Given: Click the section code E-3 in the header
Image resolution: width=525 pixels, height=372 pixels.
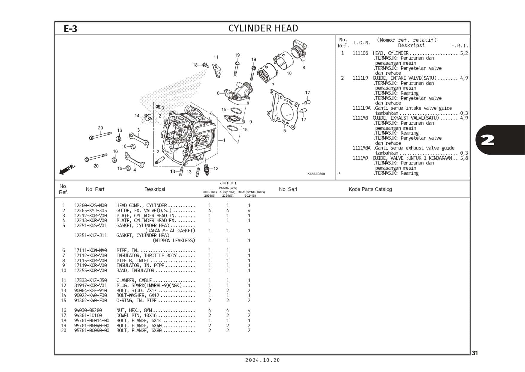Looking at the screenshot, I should (71, 29).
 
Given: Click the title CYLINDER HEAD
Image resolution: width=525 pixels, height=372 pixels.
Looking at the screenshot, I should (263, 28).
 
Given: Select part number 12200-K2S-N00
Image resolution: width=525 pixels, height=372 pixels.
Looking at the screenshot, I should (90, 206).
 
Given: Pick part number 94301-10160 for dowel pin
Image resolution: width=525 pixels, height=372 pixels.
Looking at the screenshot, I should (88, 315).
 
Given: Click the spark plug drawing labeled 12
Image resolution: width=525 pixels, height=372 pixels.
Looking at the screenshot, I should (206, 169).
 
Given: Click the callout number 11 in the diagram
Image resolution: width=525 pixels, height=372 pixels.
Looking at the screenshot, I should (216, 57).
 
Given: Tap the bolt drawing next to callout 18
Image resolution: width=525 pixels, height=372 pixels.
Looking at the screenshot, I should (205, 65).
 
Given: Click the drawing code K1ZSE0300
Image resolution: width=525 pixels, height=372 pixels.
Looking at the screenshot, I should (316, 174).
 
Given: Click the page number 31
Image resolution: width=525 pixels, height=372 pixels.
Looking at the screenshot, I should (475, 353).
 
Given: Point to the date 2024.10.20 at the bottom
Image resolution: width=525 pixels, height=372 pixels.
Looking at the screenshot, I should (262, 360).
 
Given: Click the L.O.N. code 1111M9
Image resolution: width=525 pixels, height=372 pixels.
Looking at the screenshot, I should (360, 158).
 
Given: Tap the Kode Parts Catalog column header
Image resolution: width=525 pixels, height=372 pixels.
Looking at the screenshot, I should (370, 189).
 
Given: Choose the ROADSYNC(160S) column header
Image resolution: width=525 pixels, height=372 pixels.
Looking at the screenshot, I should (251, 192).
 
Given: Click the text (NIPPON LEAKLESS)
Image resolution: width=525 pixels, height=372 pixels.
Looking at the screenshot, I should (174, 240).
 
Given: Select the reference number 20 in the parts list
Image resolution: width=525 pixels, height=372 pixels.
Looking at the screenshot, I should (63, 330).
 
